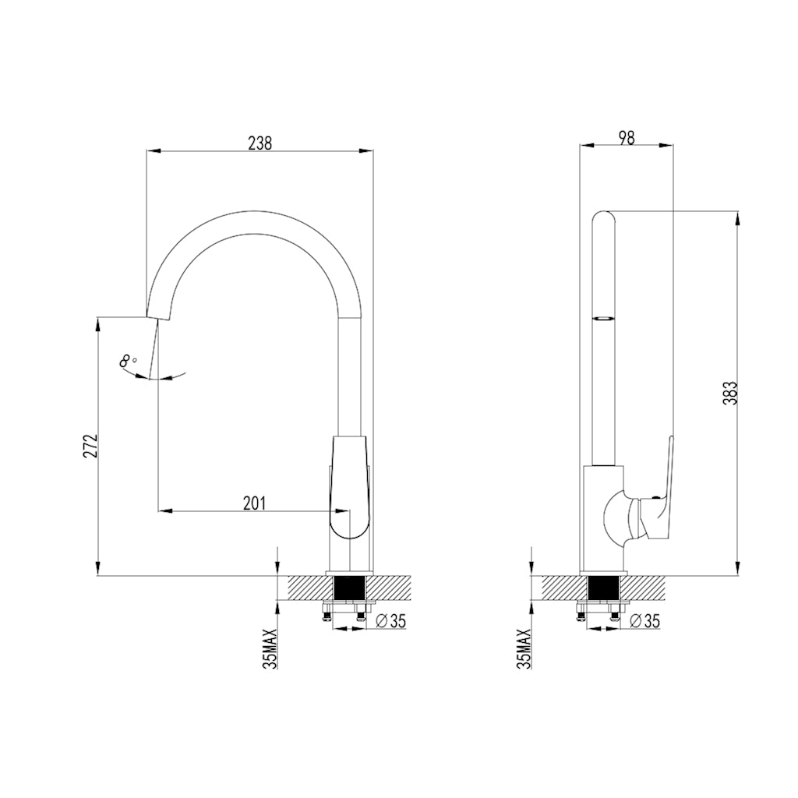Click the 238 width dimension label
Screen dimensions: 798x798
(260, 143)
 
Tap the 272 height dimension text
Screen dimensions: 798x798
(90, 445)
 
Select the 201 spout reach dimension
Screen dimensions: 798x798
(254, 503)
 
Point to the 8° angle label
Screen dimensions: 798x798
(128, 361)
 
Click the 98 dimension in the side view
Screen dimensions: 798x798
(627, 137)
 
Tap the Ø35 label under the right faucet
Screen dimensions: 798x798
(644, 620)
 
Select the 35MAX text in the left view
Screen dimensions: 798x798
(270, 648)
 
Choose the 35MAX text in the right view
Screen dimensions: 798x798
(524, 648)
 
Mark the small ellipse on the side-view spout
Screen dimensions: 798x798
(602, 318)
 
